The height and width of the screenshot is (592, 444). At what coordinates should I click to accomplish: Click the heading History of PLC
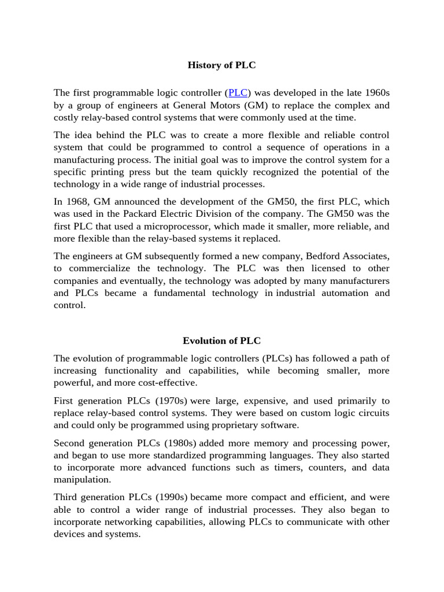point(221,65)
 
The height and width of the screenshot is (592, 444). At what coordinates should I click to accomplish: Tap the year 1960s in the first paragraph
point(375,92)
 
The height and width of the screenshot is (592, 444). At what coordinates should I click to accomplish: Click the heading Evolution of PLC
point(221,341)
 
